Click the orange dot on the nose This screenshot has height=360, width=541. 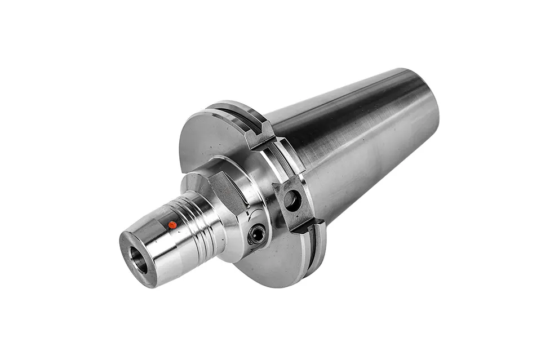pyautogui.click(x=172, y=225)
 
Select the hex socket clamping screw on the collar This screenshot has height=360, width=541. pyautogui.click(x=257, y=233)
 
